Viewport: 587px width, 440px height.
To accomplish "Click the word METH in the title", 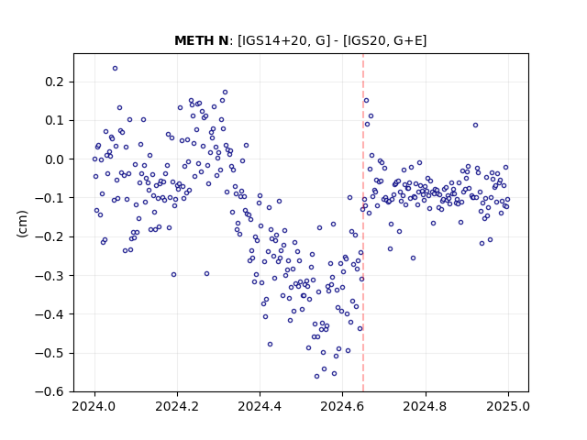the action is click(193, 40).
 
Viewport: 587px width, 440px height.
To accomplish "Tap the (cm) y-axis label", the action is click(22, 224).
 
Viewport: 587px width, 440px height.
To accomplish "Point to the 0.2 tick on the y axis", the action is click(55, 82).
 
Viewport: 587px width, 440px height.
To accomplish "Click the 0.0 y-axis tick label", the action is click(55, 159).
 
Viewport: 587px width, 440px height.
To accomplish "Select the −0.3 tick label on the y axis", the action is click(50, 276).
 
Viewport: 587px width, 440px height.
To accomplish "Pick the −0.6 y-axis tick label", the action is click(50, 391).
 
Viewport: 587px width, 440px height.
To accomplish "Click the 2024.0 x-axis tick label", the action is click(94, 406).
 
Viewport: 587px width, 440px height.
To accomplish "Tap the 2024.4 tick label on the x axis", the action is click(260, 406).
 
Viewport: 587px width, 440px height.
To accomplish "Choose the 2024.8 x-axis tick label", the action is click(426, 406).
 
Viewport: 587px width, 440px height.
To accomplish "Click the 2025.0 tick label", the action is click(508, 406).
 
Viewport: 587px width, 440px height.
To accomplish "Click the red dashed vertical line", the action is click(363, 223).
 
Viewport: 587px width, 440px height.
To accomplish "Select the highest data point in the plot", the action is click(115, 69).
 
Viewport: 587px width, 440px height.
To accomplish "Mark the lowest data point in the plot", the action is click(316, 377).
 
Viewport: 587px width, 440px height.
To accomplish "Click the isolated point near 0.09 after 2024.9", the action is click(475, 126).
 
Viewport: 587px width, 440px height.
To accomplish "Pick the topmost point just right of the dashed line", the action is click(367, 100).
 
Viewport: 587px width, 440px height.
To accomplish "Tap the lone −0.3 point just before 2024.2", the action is click(173, 275).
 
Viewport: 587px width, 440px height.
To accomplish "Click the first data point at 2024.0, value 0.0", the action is click(94, 159).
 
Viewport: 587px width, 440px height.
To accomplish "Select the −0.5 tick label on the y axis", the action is click(50, 353).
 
